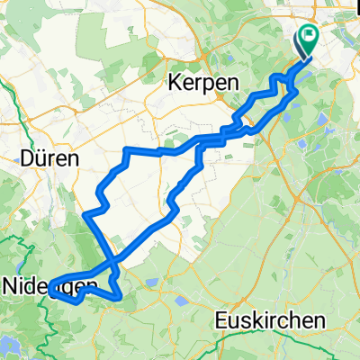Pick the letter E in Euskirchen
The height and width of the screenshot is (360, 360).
[x=221, y=320]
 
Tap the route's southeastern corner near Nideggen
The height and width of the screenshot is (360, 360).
[x=119, y=296]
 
